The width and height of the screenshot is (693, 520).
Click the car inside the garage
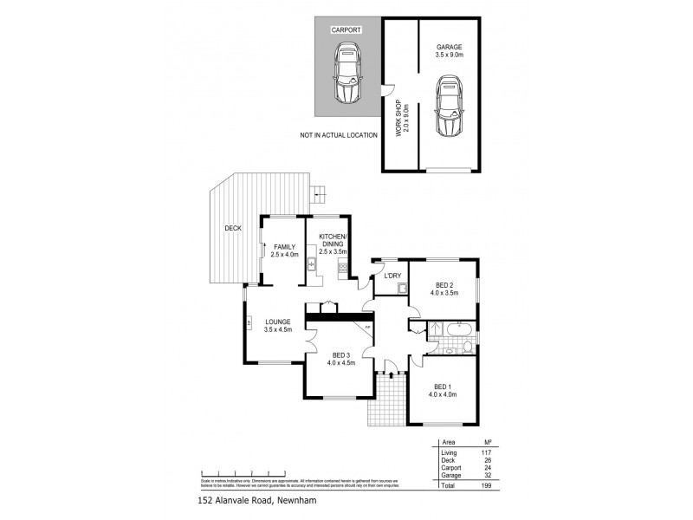(x=449, y=106)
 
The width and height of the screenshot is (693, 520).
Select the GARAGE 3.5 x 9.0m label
(x=449, y=50)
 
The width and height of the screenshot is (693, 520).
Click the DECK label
(x=232, y=228)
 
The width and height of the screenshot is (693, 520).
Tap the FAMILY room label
(x=284, y=250)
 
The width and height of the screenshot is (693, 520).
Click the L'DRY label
(x=391, y=276)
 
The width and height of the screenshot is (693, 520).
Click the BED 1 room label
(x=442, y=390)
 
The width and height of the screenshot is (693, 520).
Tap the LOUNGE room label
(x=278, y=325)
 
